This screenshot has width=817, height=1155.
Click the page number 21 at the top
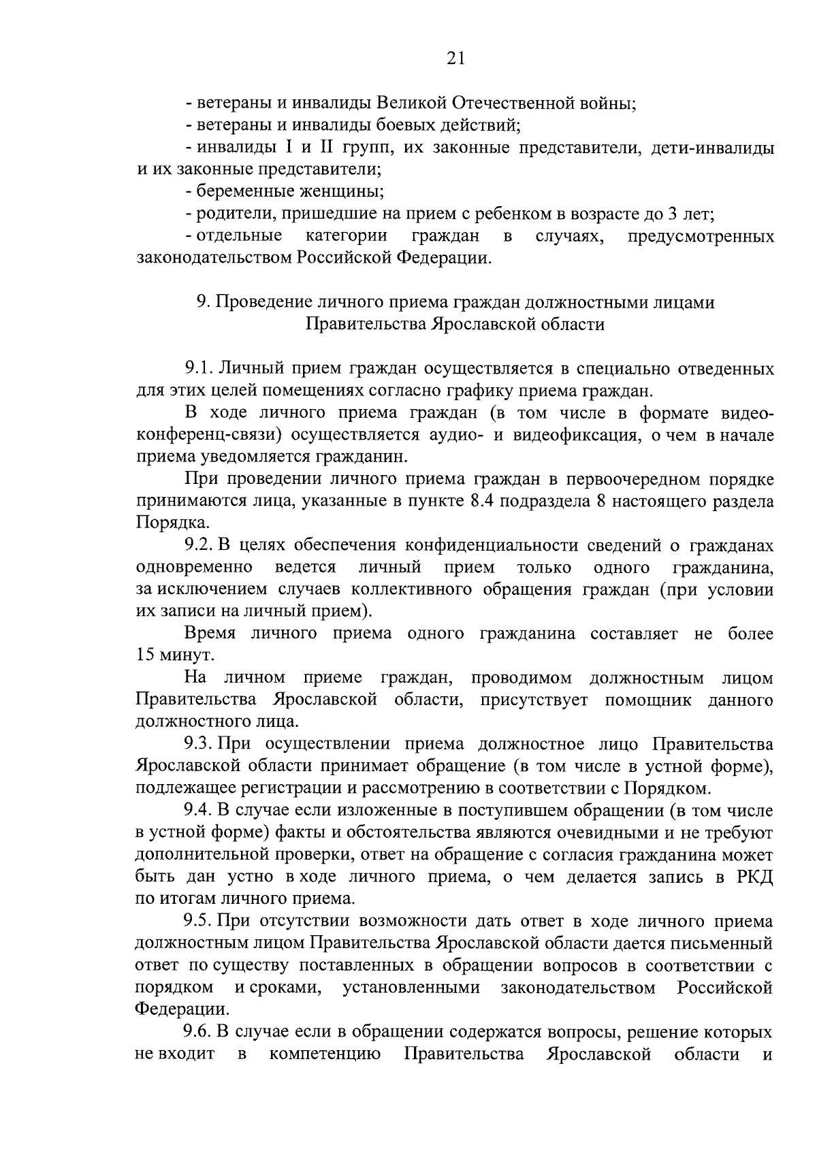(x=455, y=59)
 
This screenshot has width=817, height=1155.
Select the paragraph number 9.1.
(x=199, y=369)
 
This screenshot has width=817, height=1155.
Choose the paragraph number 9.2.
(x=199, y=546)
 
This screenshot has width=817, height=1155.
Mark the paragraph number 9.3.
(x=199, y=745)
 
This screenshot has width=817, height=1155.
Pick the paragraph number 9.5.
(x=199, y=922)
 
